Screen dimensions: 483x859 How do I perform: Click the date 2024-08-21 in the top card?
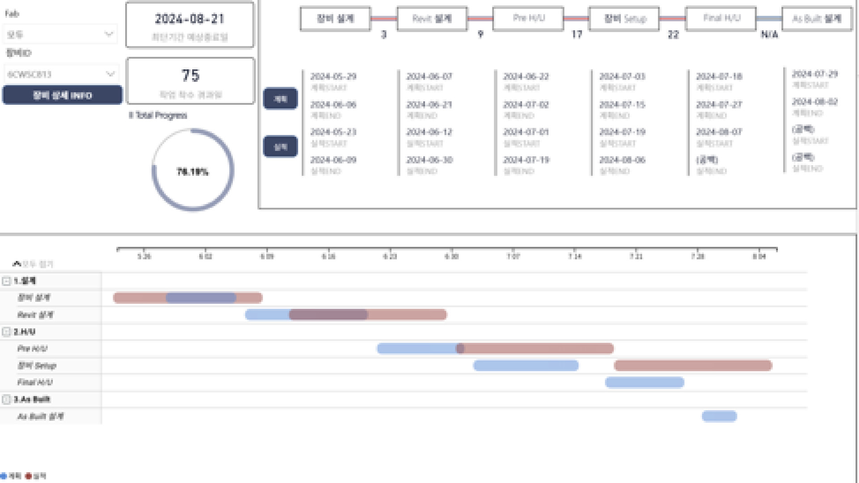point(190,19)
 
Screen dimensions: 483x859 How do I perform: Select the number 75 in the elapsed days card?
point(190,76)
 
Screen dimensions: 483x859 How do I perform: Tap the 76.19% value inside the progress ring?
point(192,172)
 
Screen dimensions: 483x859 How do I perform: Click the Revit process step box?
point(432,19)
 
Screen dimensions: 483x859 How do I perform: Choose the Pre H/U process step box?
point(528,19)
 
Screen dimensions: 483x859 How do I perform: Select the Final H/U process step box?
point(721,19)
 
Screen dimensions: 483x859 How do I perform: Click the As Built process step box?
point(816,19)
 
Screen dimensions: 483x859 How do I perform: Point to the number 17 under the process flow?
point(577,34)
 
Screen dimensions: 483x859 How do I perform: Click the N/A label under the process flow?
point(770,34)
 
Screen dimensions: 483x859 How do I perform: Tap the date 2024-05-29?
point(333,76)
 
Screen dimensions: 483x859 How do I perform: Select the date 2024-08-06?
point(622,160)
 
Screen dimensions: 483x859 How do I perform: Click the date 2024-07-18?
point(719,76)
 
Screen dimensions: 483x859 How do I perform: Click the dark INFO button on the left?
point(62,95)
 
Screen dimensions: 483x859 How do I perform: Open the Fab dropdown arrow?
point(109,34)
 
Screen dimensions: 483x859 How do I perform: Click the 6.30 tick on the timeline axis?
point(451,256)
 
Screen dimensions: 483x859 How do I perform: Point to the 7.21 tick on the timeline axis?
point(636,256)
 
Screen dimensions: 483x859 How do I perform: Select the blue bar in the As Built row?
point(719,416)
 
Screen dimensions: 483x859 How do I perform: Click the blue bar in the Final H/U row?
point(644,382)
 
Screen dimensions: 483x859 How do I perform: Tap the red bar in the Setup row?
point(693,366)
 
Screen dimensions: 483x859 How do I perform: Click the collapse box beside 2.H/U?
point(6,332)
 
